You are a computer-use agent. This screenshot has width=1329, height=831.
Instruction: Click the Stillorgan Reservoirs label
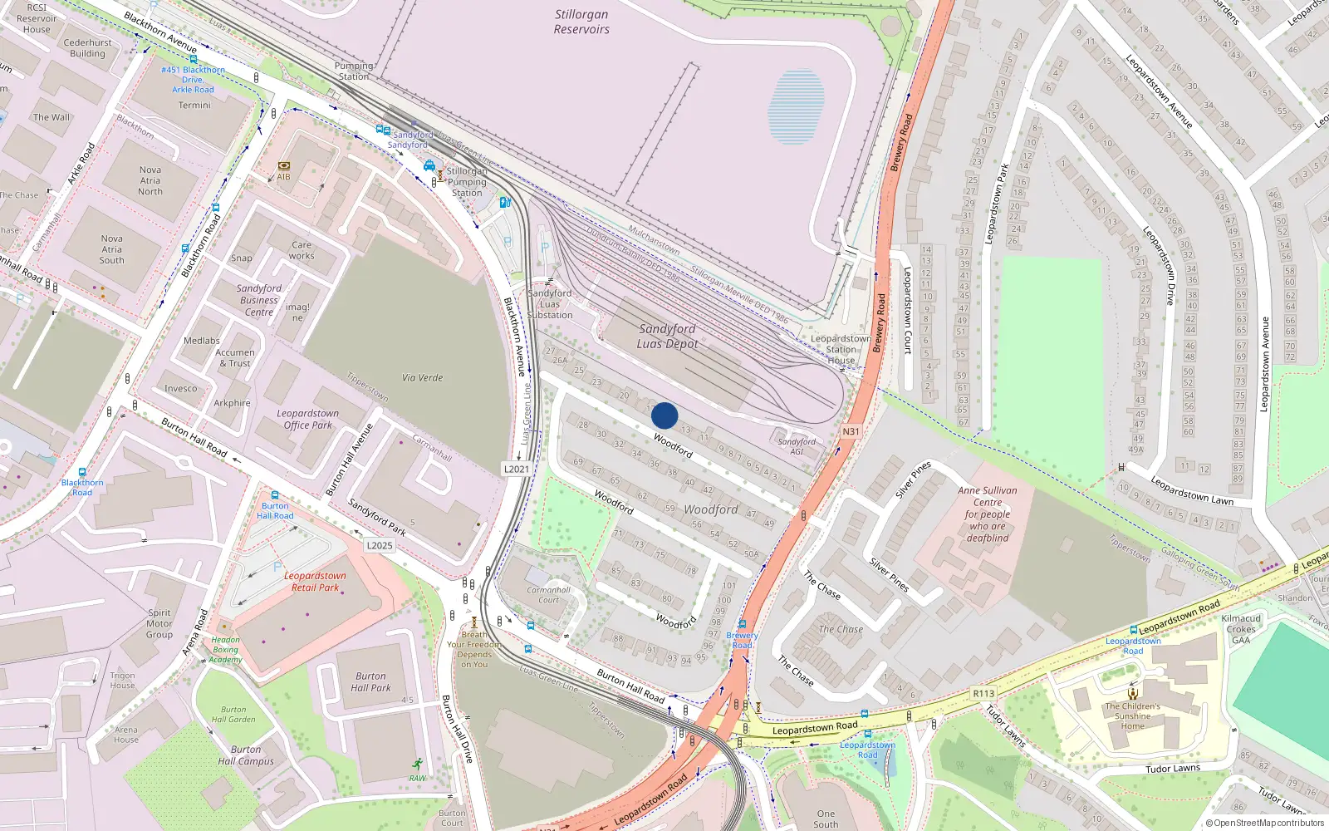pos(581,22)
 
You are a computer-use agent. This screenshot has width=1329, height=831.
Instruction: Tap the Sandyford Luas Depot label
pos(667,337)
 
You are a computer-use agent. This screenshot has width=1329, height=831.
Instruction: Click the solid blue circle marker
pos(664,415)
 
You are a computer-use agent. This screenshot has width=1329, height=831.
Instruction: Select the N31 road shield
pos(851,431)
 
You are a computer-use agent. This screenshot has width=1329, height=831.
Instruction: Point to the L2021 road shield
pos(516,469)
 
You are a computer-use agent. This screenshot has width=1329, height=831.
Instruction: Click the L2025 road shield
pos(379,545)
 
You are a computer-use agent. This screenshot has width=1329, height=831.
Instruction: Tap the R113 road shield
pos(983,693)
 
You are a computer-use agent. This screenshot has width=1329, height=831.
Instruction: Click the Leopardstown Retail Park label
pos(315,582)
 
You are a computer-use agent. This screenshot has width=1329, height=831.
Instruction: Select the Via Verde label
pos(422,377)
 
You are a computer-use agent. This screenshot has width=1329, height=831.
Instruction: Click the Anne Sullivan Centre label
pos(988,514)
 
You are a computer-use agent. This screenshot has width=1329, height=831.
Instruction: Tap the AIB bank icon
pos(284,166)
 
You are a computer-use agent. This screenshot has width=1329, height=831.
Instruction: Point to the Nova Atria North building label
pos(150,180)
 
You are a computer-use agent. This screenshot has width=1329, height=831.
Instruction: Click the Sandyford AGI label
pos(797,446)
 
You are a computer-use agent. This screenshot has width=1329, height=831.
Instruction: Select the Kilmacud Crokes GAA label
pos(1241,629)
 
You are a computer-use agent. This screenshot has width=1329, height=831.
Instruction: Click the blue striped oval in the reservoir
pos(797,107)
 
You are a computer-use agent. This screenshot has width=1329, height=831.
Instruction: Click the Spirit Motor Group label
pos(159,623)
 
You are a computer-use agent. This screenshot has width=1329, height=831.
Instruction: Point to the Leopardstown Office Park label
pos(307,419)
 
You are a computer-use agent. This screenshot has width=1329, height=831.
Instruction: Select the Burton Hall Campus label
pos(246,755)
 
